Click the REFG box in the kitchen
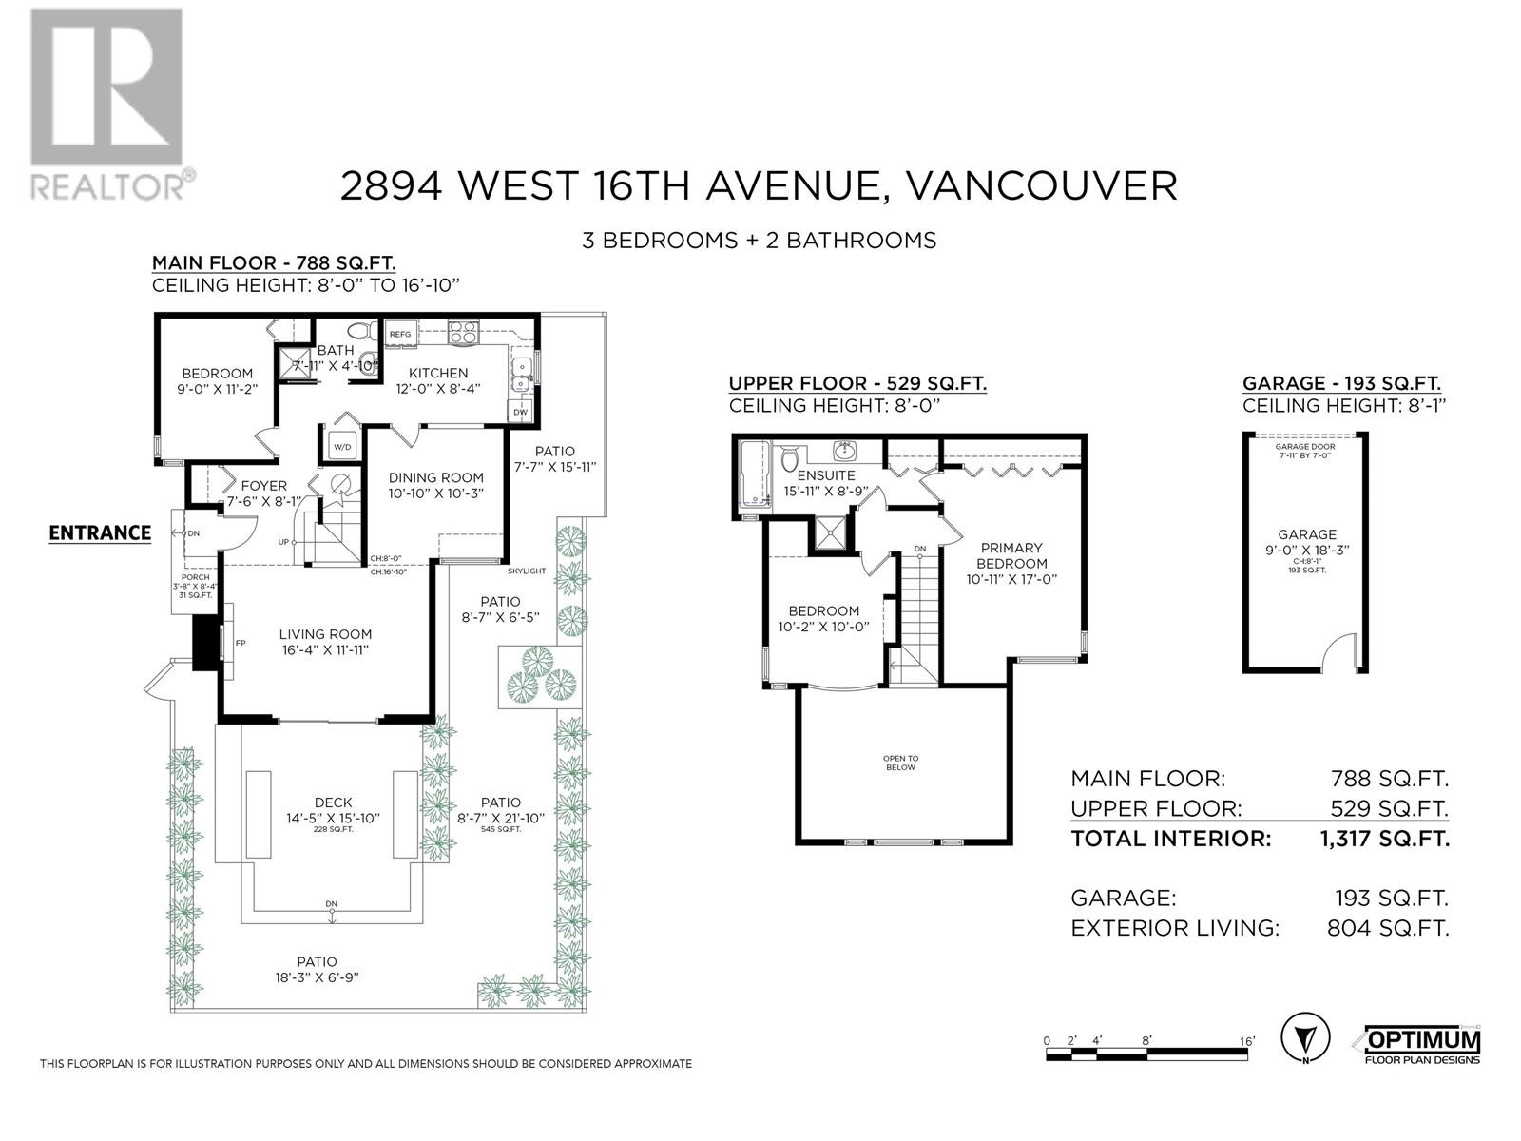[x=400, y=334]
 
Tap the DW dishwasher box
[x=520, y=412]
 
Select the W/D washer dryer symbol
[x=340, y=447]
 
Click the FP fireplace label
[x=241, y=644]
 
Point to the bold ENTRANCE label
[x=100, y=532]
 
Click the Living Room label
[x=325, y=634]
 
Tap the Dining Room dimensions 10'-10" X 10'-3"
[x=436, y=493]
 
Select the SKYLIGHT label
[x=527, y=570]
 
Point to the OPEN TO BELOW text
[x=900, y=763]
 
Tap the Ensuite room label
[x=825, y=475]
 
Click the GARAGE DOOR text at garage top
[x=1306, y=446]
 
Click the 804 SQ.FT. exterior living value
[x=1388, y=928]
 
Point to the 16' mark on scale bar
[x=1246, y=1041]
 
